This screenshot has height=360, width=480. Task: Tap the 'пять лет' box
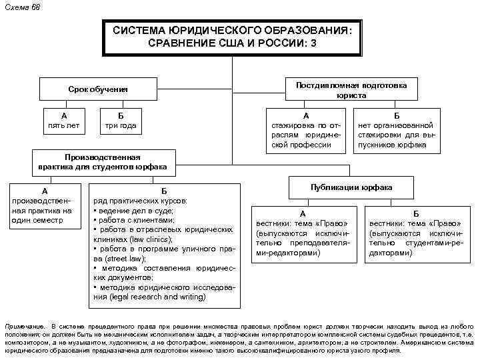64,119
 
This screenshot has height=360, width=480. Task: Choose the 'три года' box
121,119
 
